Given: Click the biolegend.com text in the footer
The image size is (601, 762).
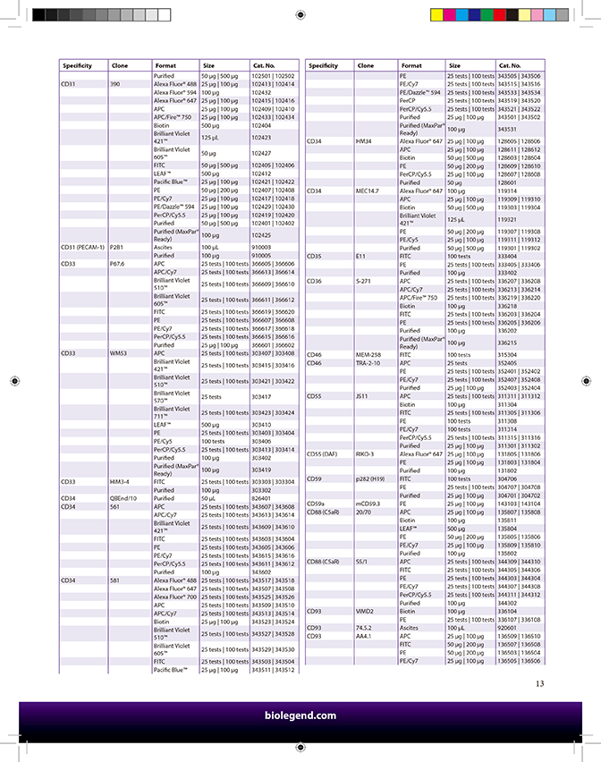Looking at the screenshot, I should [x=300, y=715].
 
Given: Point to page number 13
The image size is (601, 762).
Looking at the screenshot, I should [x=539, y=684].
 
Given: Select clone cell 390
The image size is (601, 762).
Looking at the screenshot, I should [x=114, y=84].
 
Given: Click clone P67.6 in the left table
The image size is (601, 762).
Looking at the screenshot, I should [x=118, y=264].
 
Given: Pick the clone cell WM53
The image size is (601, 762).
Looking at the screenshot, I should [x=118, y=353].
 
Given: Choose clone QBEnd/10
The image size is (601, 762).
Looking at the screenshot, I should [x=123, y=498].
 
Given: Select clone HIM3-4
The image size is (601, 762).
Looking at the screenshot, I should [x=119, y=481].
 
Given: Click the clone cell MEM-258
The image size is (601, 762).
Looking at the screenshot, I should [x=368, y=355].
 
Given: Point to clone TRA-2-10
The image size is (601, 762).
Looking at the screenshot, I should [x=368, y=363].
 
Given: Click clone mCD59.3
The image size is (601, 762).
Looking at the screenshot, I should [x=368, y=504].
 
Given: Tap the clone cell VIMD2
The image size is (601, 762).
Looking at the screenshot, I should [x=365, y=611].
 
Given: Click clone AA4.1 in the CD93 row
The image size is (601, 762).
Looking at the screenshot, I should [x=364, y=636].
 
